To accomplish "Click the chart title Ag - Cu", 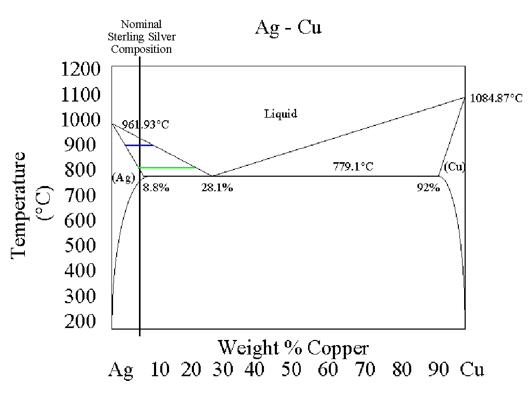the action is tap(288, 28).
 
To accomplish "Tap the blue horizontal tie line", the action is tap(139, 145).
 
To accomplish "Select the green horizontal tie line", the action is tap(166, 167).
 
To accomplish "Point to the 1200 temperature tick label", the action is tap(80, 69).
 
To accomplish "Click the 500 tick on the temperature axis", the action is tap(80, 245).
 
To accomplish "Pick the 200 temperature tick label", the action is tap(80, 321).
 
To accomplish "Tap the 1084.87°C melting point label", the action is tap(496, 98).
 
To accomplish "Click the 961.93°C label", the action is tap(145, 124).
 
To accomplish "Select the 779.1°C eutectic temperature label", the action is tap(353, 166).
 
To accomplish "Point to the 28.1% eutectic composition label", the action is tap(217, 188).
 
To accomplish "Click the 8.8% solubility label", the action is tap(156, 188).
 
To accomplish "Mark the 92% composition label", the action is tap(428, 188).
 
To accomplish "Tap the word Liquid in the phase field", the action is tap(281, 113).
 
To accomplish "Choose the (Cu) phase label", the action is tap(454, 167).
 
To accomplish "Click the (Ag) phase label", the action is tap(123, 178).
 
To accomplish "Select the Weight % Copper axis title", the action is tap(294, 348).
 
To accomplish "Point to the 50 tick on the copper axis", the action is tap(291, 369).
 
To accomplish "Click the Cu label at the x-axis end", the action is tap(472, 369).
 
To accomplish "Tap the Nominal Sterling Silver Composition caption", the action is tap(142, 37).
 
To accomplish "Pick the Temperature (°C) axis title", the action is tap(32, 205).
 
